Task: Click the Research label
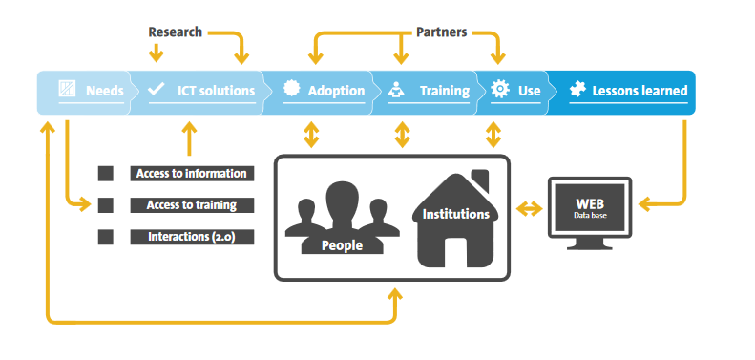(x=176, y=32)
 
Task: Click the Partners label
(x=442, y=32)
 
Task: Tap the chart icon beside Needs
(x=67, y=89)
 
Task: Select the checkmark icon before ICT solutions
(x=156, y=89)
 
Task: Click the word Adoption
(x=337, y=91)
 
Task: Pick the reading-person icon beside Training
(x=396, y=90)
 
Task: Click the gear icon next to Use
(x=500, y=89)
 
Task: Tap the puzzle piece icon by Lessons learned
(x=577, y=89)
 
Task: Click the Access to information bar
(x=192, y=174)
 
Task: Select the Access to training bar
(x=192, y=204)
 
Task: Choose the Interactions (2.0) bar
(x=192, y=237)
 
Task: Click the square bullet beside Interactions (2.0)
(x=105, y=237)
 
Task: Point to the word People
(x=342, y=245)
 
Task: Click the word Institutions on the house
(x=455, y=214)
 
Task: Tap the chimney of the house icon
(x=481, y=180)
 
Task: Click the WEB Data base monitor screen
(x=590, y=207)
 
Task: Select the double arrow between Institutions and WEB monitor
(x=529, y=208)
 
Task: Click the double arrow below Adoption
(x=311, y=135)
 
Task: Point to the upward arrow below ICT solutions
(x=189, y=138)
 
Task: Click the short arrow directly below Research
(x=156, y=53)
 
